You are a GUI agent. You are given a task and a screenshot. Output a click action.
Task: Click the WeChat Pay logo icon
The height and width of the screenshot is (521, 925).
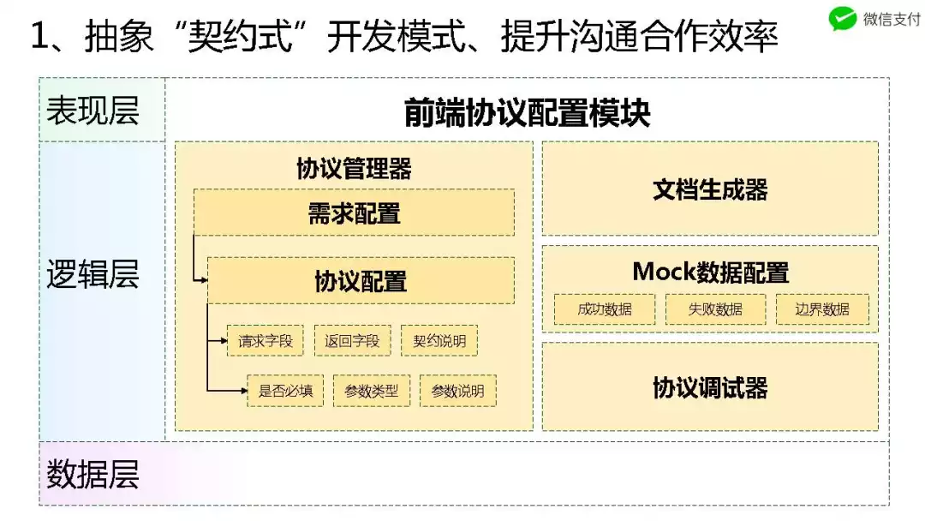point(843,19)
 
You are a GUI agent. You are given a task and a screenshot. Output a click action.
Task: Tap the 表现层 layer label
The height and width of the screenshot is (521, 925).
point(92,111)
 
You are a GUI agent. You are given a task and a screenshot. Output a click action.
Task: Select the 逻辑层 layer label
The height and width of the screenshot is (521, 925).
point(92,274)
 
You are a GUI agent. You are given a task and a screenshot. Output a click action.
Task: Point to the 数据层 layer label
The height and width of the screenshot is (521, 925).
point(92,474)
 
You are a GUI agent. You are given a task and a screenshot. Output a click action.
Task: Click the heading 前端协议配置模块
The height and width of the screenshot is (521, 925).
point(527,113)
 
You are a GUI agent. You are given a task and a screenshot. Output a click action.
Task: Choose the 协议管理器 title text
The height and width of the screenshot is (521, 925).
point(354,168)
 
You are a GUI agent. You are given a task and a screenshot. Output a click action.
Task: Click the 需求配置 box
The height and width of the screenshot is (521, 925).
point(354,213)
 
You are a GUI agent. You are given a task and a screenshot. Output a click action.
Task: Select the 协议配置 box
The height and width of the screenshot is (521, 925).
point(361,280)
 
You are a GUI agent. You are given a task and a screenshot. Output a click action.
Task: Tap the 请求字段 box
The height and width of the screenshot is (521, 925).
point(266,341)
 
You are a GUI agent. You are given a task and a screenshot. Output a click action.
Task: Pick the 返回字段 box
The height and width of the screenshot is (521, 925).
point(352,341)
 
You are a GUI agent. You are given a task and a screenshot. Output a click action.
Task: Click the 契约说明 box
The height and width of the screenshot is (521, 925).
point(439,341)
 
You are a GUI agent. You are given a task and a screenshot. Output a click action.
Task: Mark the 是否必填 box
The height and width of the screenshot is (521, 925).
point(285,392)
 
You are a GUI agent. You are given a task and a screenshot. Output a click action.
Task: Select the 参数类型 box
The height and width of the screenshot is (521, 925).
point(372,392)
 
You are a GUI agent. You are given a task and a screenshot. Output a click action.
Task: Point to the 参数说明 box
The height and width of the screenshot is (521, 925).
point(457,392)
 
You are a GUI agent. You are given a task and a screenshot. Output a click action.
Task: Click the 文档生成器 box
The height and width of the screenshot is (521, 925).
point(710,189)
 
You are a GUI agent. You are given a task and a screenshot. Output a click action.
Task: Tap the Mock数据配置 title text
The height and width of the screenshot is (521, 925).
point(710,272)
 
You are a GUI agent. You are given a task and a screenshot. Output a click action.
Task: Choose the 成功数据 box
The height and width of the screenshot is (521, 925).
point(605,309)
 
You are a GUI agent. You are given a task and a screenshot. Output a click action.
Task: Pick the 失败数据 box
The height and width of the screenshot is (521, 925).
point(715,309)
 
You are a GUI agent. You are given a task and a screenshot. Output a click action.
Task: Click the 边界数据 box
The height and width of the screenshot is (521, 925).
point(822,309)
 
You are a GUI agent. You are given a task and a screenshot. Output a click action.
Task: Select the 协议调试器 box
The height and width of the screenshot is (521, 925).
point(710,387)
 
